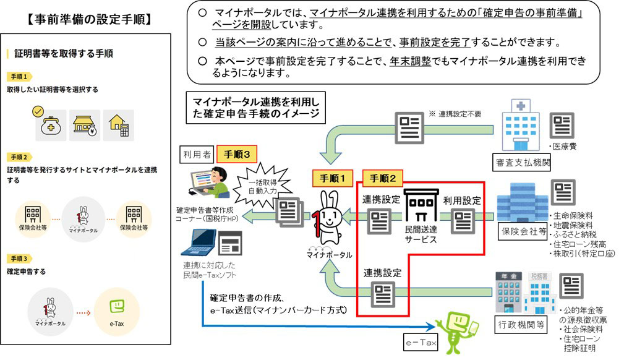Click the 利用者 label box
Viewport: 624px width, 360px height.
pyautogui.click(x=197, y=154)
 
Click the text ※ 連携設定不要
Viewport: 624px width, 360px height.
pyautogui.click(x=454, y=114)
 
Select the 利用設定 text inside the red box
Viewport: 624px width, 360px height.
pyautogui.click(x=461, y=200)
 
